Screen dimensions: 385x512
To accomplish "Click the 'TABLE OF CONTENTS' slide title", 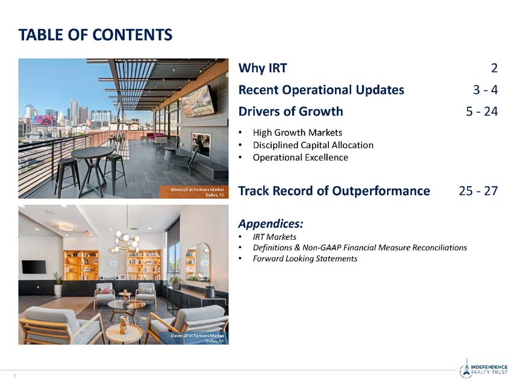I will click(95, 34).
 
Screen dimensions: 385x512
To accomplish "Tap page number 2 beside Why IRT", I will click(494, 69).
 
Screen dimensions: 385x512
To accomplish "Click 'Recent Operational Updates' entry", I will click(321, 90).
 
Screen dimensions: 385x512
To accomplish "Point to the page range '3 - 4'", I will click(485, 90).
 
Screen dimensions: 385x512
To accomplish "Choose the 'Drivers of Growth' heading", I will click(290, 111).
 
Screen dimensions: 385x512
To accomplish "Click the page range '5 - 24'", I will click(481, 111).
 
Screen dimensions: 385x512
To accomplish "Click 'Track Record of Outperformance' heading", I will click(334, 191).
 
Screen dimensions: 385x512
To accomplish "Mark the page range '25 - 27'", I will click(478, 191).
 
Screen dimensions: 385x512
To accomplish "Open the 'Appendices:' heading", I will click(270, 224).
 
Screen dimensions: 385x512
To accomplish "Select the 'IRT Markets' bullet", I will click(274, 237).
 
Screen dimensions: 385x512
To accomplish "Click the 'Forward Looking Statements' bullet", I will click(305, 258).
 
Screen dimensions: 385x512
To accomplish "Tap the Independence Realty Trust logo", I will click(483, 369).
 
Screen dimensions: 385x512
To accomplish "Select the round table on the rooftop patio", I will click(92, 154).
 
